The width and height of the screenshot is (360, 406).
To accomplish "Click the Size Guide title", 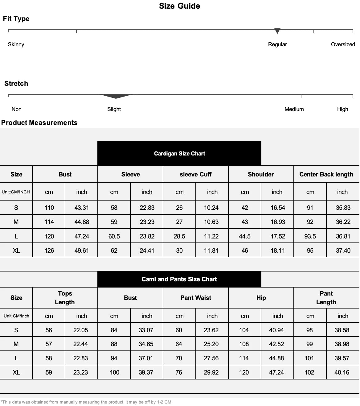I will [179, 6].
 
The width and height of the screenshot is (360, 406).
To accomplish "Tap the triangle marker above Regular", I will [277, 31].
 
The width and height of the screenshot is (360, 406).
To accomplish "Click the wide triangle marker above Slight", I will [116, 96].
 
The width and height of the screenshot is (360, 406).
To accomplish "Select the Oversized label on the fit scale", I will [343, 44].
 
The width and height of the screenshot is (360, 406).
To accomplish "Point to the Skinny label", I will [16, 44].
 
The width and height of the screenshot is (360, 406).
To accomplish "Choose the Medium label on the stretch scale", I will [294, 109].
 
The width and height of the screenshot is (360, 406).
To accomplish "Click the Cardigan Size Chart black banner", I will [179, 153].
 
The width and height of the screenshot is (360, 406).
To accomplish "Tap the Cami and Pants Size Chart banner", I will [179, 279].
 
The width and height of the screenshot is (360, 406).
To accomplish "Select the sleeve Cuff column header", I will [196, 174].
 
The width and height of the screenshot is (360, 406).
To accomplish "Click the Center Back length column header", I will [326, 174].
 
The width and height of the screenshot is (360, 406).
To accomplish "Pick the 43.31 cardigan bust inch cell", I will [81, 208].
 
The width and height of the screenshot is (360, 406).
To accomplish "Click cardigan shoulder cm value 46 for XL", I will [245, 251].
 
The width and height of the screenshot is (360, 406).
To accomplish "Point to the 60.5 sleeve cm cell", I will [114, 236].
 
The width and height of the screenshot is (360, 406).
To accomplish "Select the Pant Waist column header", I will [196, 298].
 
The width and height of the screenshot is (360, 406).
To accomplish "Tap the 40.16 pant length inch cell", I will [342, 372].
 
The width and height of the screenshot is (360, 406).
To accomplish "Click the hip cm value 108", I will [244, 344].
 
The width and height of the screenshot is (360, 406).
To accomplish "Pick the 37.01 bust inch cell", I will [146, 358].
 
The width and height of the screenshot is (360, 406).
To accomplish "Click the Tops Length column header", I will [65, 298].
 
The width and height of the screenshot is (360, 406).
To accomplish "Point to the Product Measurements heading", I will [39, 123].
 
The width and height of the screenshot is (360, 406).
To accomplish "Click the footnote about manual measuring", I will [87, 402].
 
